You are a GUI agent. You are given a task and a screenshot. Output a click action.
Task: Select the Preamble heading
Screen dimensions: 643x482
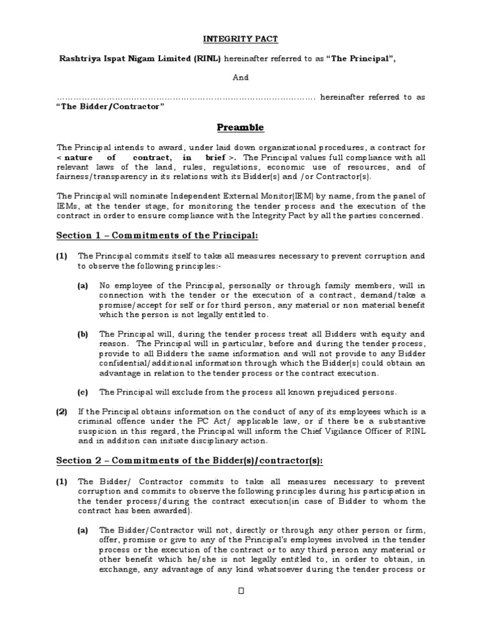pos(240,127)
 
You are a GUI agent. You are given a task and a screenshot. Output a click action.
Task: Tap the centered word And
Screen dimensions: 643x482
pos(241,78)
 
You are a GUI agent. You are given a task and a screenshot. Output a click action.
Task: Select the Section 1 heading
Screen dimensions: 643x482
pos(158,235)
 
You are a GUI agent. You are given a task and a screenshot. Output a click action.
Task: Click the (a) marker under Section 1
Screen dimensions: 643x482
pos(83,285)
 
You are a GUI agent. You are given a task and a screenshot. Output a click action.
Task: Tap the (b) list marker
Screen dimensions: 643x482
pos(83,334)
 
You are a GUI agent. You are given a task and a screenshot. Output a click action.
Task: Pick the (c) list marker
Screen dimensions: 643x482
pos(83,392)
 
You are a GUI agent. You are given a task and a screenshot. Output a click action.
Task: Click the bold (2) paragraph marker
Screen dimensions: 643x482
pos(62,412)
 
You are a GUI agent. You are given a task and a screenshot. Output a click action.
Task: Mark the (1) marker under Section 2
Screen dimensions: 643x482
pos(62,482)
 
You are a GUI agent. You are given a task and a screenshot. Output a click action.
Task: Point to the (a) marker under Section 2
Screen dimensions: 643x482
pos(83,531)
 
